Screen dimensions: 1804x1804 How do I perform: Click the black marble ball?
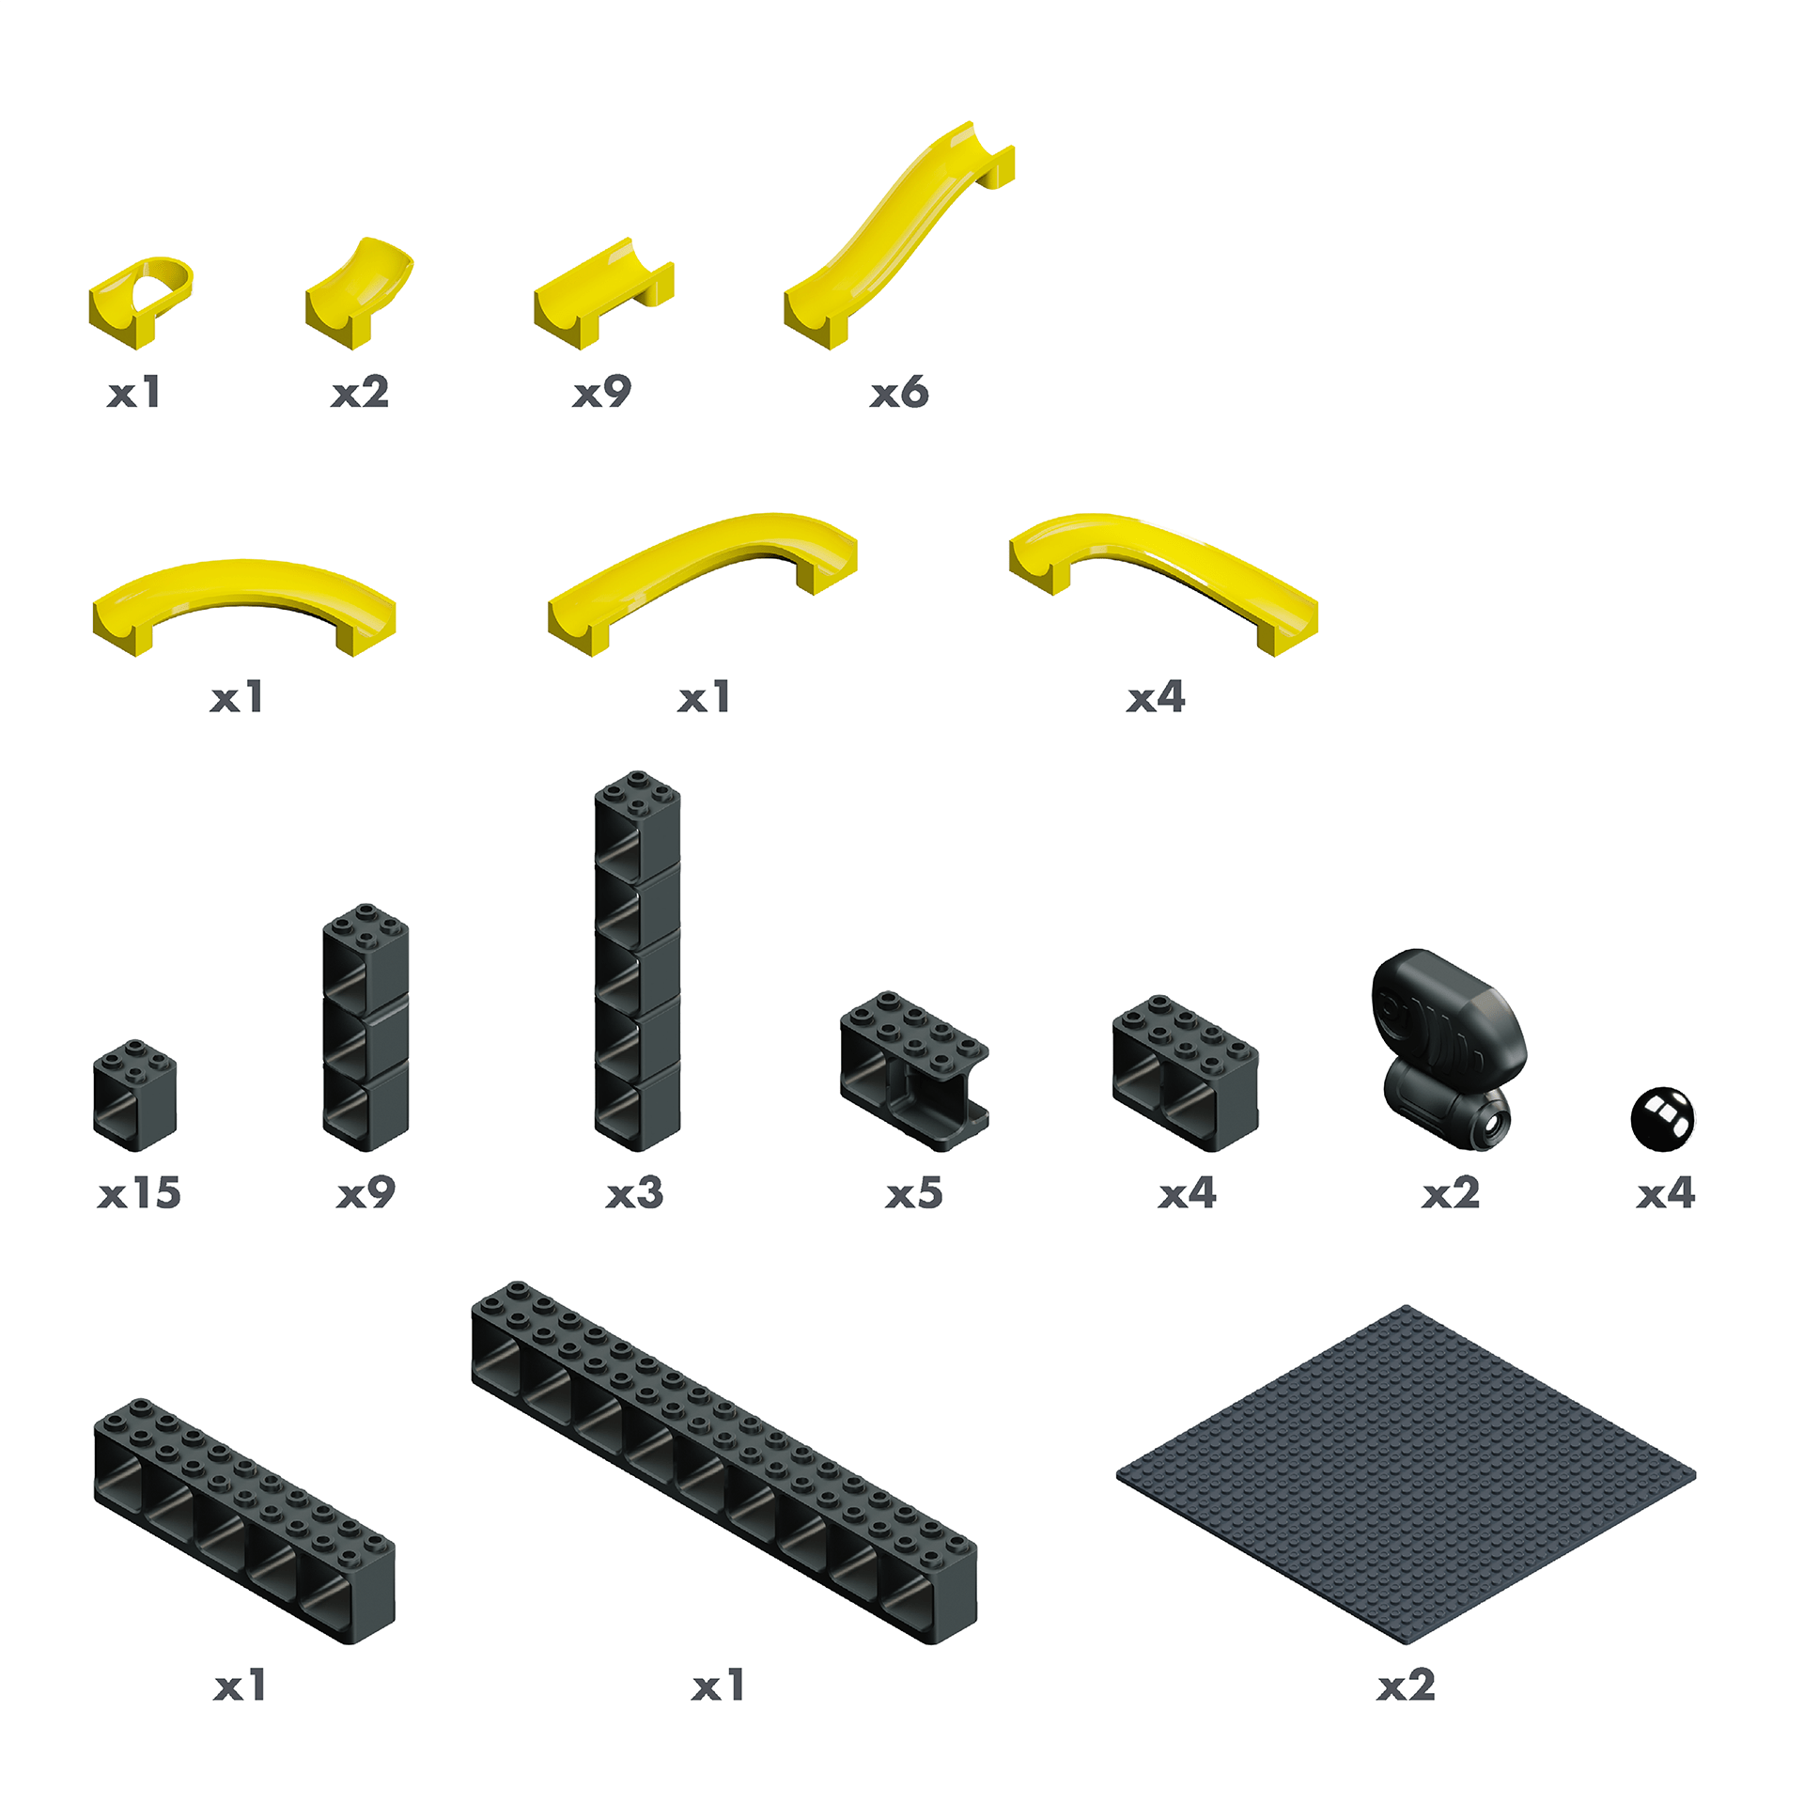click(1662, 1118)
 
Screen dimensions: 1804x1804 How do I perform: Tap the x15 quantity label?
click(139, 1193)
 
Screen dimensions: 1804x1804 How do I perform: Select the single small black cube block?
click(135, 1095)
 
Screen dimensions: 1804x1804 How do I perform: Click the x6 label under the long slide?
click(899, 392)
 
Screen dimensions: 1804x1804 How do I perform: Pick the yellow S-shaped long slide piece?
click(899, 235)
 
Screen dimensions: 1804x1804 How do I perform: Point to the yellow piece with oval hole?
click(141, 302)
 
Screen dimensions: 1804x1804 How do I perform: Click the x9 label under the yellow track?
click(602, 392)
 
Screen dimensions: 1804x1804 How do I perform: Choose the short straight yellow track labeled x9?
click(603, 293)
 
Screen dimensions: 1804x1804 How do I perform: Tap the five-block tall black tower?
click(637, 960)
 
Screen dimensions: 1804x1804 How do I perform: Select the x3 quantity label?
click(635, 1193)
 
